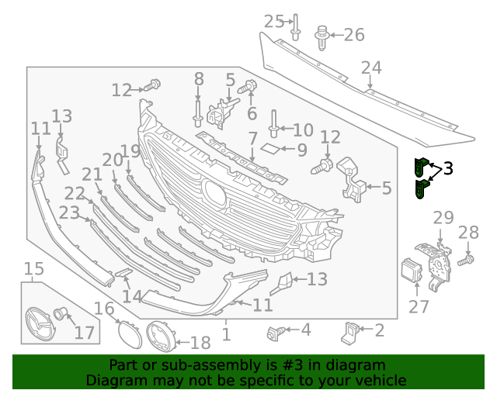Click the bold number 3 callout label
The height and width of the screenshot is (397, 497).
pyautogui.click(x=448, y=169)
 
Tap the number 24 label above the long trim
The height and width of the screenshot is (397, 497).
pyautogui.click(x=371, y=69)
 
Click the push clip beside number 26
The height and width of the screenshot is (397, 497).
pyautogui.click(x=321, y=36)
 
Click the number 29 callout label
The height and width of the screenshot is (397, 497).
pyautogui.click(x=443, y=218)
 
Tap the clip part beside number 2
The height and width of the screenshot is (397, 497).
pyautogui.click(x=350, y=331)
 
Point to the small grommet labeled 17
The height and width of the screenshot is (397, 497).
pyautogui.click(x=61, y=315)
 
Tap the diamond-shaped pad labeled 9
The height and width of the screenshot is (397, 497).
pyautogui.click(x=270, y=147)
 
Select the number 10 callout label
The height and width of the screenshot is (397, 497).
pyautogui.click(x=302, y=130)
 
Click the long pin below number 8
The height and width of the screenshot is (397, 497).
pyautogui.click(x=198, y=111)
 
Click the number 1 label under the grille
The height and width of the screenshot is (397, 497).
pyautogui.click(x=226, y=334)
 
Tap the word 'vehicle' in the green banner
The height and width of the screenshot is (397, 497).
pyautogui.click(x=380, y=380)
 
